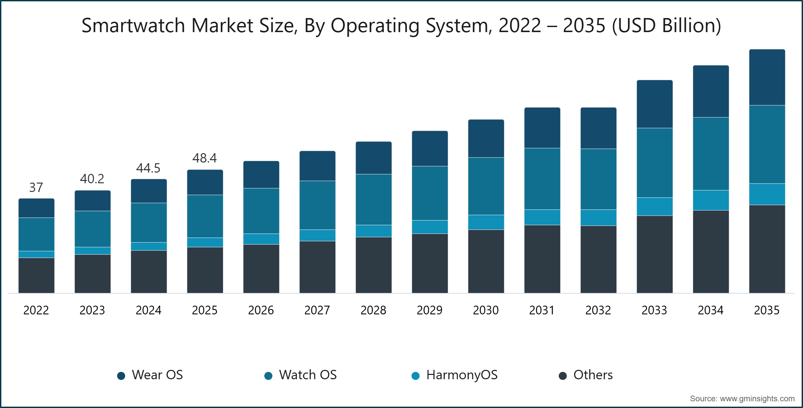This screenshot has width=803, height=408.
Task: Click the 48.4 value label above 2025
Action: (204, 158)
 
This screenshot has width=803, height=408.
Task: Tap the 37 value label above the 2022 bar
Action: (36, 187)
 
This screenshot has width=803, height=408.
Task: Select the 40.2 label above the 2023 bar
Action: (92, 179)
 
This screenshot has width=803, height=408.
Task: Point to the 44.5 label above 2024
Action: (148, 168)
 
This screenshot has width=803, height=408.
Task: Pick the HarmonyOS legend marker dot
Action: (416, 376)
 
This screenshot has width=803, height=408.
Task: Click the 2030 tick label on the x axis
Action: (485, 310)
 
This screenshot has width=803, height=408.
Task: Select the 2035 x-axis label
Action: (767, 310)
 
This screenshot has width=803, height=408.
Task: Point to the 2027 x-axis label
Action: (317, 310)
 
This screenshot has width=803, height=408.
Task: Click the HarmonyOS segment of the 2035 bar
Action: (767, 194)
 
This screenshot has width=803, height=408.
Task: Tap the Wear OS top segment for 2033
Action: (654, 104)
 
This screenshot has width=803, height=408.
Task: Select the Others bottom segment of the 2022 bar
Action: (36, 275)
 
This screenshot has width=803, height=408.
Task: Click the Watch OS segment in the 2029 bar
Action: (430, 193)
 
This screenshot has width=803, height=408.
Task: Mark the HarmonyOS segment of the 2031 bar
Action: (542, 217)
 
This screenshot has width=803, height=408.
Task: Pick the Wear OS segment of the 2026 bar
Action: (261, 175)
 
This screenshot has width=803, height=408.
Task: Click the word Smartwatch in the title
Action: (133, 25)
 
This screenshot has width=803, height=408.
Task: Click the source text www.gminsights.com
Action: (757, 399)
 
